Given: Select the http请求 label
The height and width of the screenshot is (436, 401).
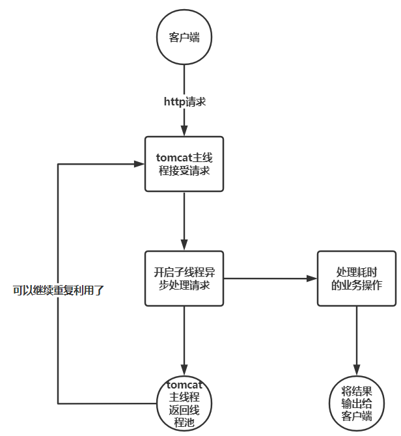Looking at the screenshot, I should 184,102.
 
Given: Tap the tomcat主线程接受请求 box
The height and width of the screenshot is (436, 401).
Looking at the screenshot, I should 184,164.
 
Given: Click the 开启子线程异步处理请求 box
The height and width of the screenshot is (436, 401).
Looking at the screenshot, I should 184,279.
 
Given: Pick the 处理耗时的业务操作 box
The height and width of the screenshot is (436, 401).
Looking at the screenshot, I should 357,279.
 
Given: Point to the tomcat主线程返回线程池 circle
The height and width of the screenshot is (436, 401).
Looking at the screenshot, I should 184,403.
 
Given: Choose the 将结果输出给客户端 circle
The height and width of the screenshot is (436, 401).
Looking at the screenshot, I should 357,403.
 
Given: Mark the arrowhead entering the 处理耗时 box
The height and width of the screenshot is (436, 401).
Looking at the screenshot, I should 312,279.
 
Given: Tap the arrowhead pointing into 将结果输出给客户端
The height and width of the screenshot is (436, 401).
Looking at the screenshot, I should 357,372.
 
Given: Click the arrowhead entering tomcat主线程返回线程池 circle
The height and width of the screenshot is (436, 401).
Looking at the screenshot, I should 184,372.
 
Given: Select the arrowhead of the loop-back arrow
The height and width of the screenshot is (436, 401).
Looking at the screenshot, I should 139,164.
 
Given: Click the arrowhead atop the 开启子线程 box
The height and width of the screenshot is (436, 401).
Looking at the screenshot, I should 184,245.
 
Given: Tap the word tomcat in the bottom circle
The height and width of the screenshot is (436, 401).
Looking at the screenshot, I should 185,383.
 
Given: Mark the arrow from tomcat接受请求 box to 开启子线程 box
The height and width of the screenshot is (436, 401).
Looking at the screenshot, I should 184,218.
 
